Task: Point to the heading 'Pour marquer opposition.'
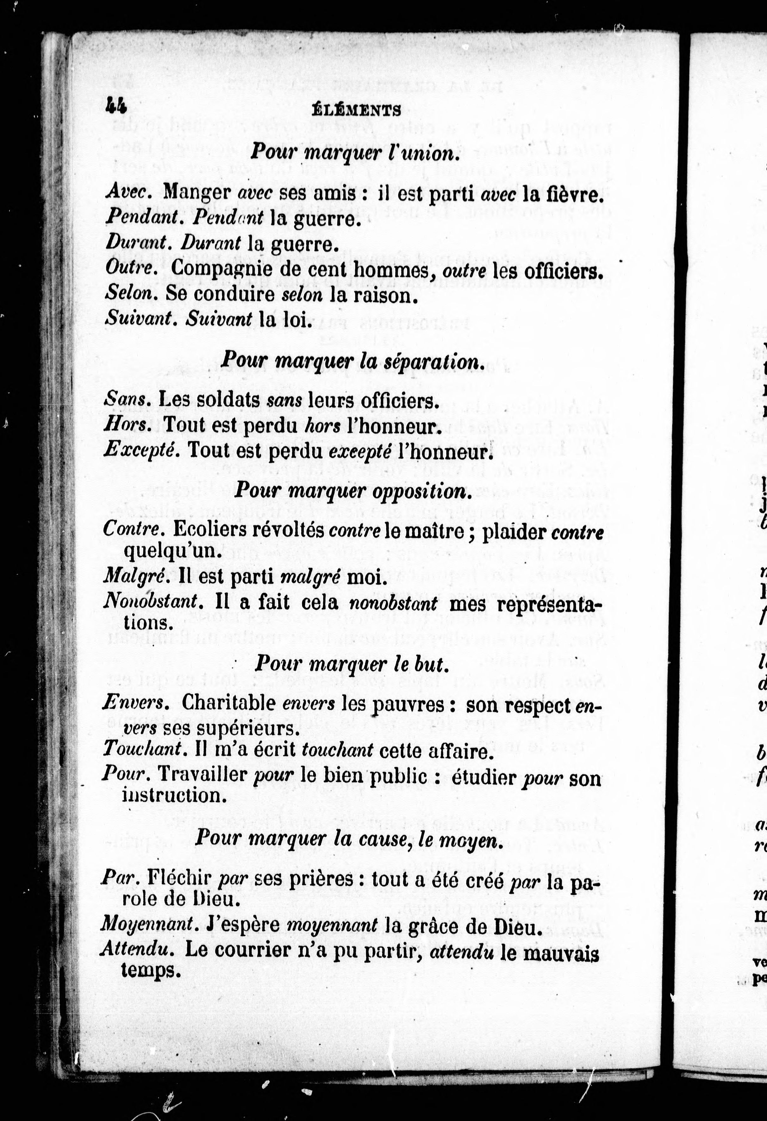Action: click(x=352, y=491)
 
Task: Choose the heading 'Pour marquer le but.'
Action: click(x=352, y=664)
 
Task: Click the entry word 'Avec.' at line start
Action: click(x=129, y=192)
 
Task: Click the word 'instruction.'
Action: click(x=175, y=795)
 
